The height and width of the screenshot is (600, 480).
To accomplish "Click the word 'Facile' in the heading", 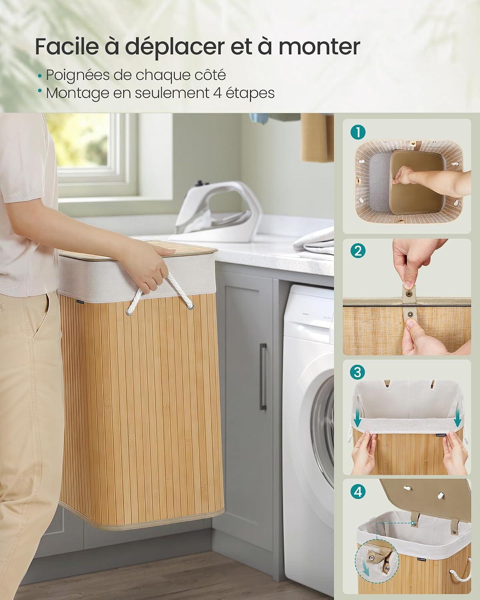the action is click(x=67, y=46).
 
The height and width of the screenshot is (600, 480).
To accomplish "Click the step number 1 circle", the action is click(x=358, y=132).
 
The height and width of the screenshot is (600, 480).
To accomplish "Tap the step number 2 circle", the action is click(x=358, y=251).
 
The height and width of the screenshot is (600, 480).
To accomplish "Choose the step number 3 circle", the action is click(x=358, y=372).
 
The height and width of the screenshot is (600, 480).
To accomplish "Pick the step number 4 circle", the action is click(x=358, y=492).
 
